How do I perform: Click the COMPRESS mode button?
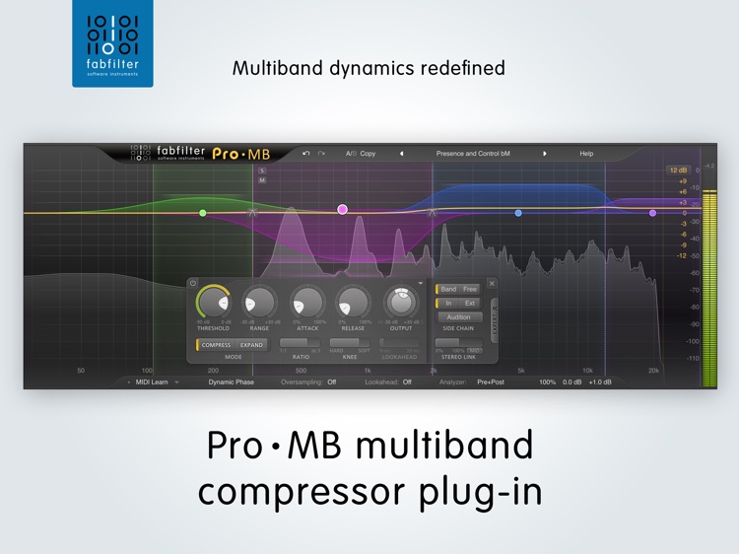(x=216, y=345)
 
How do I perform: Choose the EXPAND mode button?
(x=252, y=345)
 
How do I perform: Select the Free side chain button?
(x=470, y=289)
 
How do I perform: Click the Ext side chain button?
(x=470, y=303)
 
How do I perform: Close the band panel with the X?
(x=492, y=284)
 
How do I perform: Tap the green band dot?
(x=203, y=213)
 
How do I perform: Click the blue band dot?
(x=518, y=213)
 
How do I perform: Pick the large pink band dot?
(x=342, y=209)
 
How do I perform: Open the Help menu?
(x=586, y=154)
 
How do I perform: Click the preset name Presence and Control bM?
(x=473, y=154)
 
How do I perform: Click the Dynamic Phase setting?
(x=232, y=381)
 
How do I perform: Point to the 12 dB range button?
(x=677, y=171)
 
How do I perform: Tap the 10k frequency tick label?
(x=587, y=371)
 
